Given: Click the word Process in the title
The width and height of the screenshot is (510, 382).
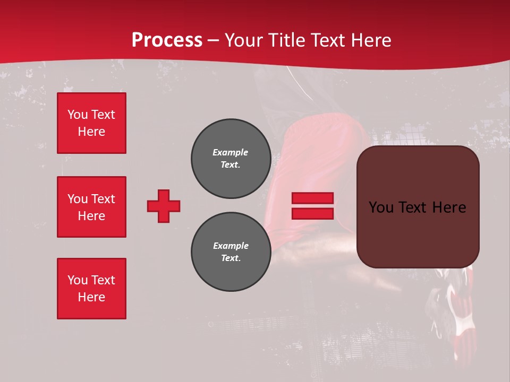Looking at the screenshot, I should click(167, 40).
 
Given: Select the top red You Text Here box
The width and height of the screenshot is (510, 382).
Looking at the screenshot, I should click(91, 123).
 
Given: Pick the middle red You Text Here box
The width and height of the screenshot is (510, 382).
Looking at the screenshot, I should click(91, 207).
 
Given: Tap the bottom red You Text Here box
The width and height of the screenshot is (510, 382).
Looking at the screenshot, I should click(91, 288).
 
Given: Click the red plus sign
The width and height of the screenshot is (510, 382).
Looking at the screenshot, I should click(164, 206).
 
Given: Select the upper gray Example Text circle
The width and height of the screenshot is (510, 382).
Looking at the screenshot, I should click(231, 158).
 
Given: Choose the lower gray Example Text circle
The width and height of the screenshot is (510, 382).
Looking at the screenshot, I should click(231, 251).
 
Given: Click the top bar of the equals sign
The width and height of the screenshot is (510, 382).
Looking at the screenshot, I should click(312, 198).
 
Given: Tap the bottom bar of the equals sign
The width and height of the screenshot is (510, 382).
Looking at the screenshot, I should click(312, 213).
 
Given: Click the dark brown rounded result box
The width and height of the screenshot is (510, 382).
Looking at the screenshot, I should click(418, 233).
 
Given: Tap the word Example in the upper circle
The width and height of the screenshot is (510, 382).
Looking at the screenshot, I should click(230, 152).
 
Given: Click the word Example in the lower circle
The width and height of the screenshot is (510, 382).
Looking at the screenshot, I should click(231, 246).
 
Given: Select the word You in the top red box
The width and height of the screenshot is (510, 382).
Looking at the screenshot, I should click(77, 115).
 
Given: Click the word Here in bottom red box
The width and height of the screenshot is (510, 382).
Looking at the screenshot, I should click(91, 297).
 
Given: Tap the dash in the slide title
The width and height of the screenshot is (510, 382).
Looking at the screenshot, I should click(214, 40).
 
